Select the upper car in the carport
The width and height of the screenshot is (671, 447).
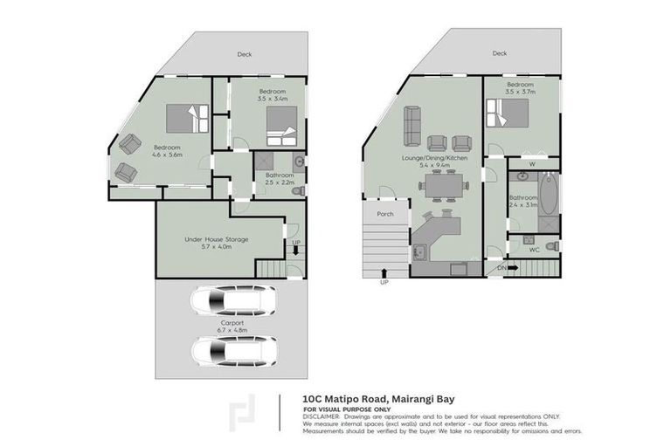[x=233, y=302]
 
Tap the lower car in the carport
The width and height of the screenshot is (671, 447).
[x=233, y=353]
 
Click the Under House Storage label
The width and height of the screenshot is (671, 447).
[x=216, y=243]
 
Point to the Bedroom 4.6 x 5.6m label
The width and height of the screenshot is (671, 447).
[x=167, y=150]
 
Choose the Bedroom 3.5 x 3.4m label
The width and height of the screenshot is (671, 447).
[x=272, y=95]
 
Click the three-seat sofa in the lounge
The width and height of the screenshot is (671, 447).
[x=412, y=126]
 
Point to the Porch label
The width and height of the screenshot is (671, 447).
[x=384, y=214]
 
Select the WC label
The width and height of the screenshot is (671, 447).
[x=534, y=250]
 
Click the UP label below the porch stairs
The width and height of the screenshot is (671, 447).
[x=384, y=283]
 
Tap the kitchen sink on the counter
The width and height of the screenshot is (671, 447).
[x=419, y=254]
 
